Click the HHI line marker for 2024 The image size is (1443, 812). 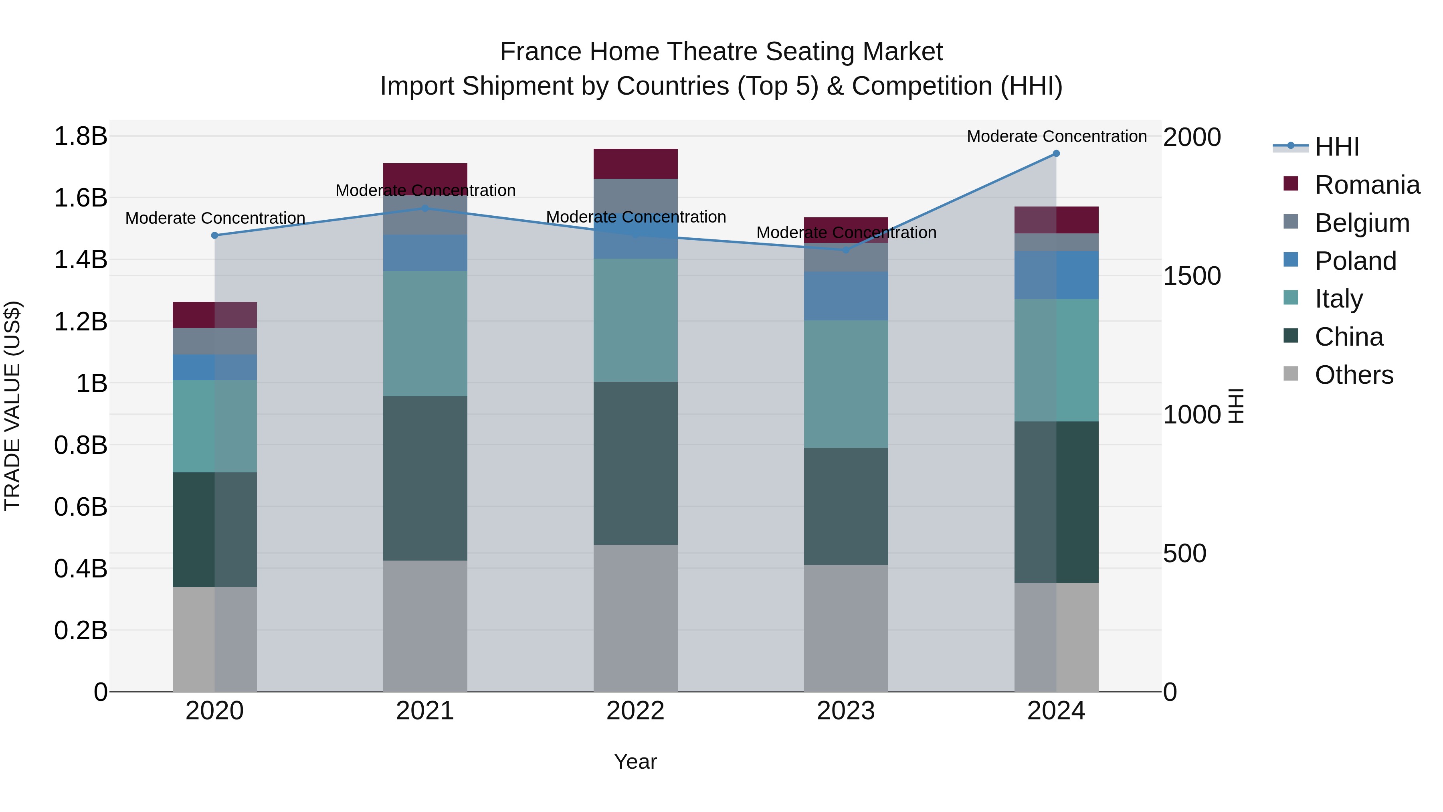[x=1056, y=154]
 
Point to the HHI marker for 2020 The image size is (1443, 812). [x=214, y=235]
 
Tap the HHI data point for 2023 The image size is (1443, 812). [x=846, y=250]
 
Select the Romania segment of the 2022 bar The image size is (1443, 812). [x=635, y=164]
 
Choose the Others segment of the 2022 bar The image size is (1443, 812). [x=635, y=618]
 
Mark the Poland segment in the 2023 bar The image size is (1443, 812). [x=846, y=296]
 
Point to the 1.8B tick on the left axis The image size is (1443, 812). [x=81, y=136]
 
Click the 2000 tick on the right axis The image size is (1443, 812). [x=1192, y=137]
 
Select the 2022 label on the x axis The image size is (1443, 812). [x=635, y=711]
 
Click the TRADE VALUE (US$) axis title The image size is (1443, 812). [x=12, y=406]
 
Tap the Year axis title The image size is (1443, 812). [x=635, y=761]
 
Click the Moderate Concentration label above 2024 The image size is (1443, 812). [x=1057, y=136]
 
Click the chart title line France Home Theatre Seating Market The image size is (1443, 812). [x=721, y=52]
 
